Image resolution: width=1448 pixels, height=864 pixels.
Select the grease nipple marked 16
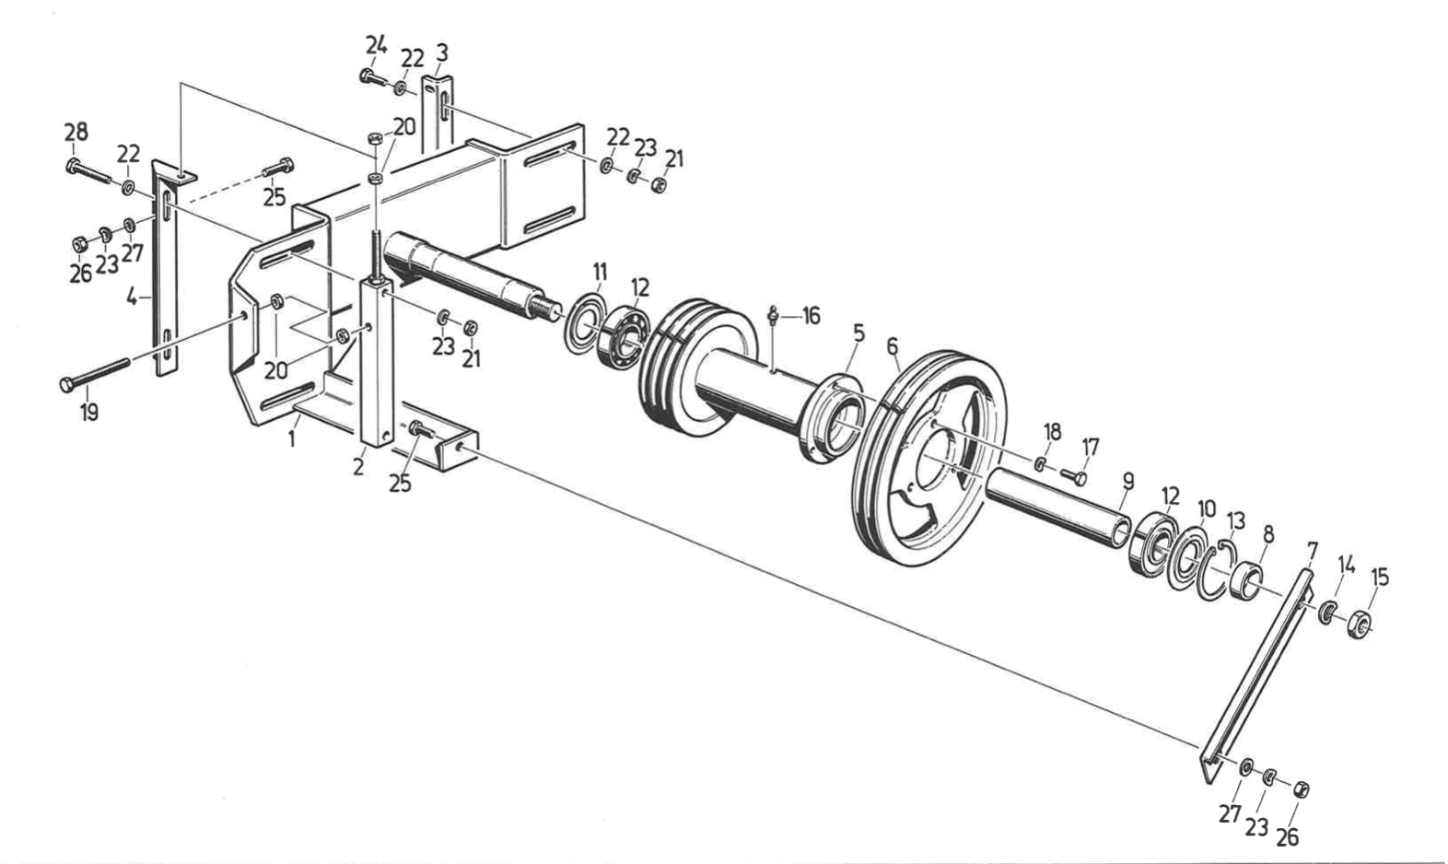coord(773,318)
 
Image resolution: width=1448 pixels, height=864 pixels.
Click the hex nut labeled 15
coord(1360,629)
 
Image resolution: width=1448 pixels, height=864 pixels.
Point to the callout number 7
coord(1312,551)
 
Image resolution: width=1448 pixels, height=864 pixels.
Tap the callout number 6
coord(891,346)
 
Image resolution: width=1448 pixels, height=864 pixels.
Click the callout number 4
coord(132,298)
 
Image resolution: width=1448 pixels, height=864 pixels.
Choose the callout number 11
coord(600,271)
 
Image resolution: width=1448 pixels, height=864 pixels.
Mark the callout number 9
coord(1127,481)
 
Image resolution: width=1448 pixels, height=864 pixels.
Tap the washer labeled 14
coord(1325,612)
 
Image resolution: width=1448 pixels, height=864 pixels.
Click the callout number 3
coord(442,53)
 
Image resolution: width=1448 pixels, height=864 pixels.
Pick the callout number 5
coord(858,333)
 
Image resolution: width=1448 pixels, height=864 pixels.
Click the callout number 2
coord(357,466)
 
